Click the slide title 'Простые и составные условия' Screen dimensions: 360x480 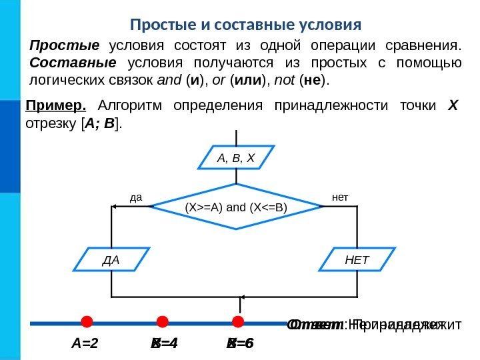(x=246, y=25)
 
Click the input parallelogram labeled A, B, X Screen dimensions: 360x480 (x=237, y=158)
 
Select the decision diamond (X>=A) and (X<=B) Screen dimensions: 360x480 (x=236, y=207)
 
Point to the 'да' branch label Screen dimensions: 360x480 (x=137, y=197)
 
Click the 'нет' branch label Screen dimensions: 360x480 (x=340, y=197)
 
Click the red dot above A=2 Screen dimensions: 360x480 (x=87, y=323)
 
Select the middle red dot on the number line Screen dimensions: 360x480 (x=162, y=323)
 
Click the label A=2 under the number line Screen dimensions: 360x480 (x=85, y=344)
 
